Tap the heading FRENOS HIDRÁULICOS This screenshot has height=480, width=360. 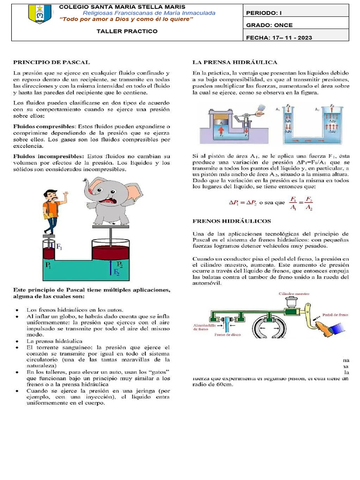coord(232,221)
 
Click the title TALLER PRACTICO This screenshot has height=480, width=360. coord(127,31)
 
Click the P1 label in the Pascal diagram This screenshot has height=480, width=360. coord(49,265)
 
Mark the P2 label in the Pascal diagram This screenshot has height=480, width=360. coord(120,264)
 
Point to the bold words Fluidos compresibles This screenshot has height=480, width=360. coord(42,127)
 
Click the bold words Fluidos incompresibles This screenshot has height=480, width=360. coord(45,156)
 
